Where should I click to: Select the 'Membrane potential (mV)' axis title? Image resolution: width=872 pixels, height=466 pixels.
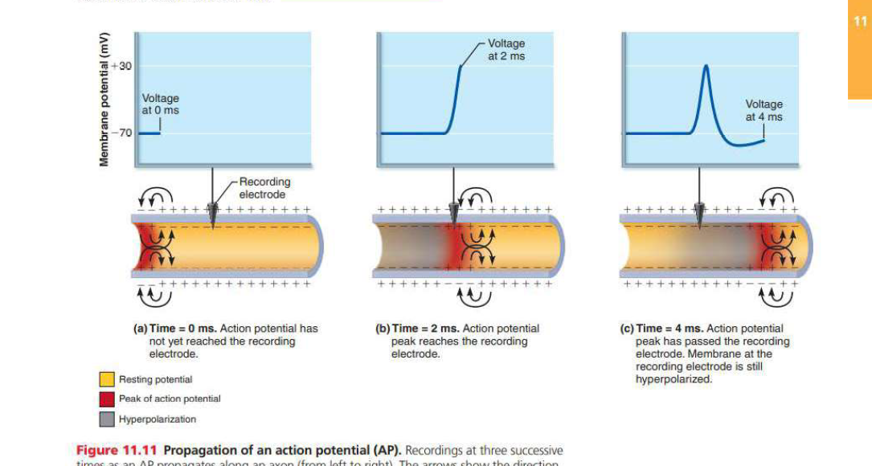(104, 100)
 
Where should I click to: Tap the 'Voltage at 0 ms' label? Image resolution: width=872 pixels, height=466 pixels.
(160, 104)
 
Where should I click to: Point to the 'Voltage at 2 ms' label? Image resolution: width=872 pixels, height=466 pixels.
(506, 50)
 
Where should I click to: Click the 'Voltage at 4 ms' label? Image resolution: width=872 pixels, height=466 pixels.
(764, 110)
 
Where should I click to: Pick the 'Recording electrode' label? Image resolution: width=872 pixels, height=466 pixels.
(264, 188)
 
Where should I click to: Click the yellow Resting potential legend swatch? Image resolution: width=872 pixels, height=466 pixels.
(106, 379)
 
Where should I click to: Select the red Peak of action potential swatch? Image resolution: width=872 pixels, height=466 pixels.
(106, 399)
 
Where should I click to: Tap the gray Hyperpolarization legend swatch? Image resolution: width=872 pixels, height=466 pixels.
(106, 419)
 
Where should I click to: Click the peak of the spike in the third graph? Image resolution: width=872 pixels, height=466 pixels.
(706, 67)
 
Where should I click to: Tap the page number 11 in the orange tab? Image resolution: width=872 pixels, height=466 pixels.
(860, 22)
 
